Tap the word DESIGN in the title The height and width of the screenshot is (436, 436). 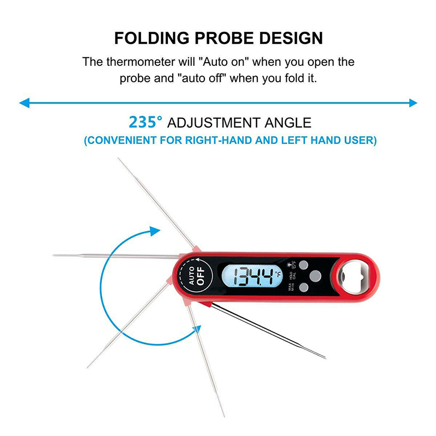[x=290, y=39]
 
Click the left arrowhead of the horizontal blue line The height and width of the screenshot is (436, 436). [x=23, y=102]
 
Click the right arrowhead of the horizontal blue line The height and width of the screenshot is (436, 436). [x=413, y=102]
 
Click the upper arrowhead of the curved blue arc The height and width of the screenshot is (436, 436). [x=155, y=231]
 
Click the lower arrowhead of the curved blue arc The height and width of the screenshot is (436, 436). [x=195, y=329]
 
